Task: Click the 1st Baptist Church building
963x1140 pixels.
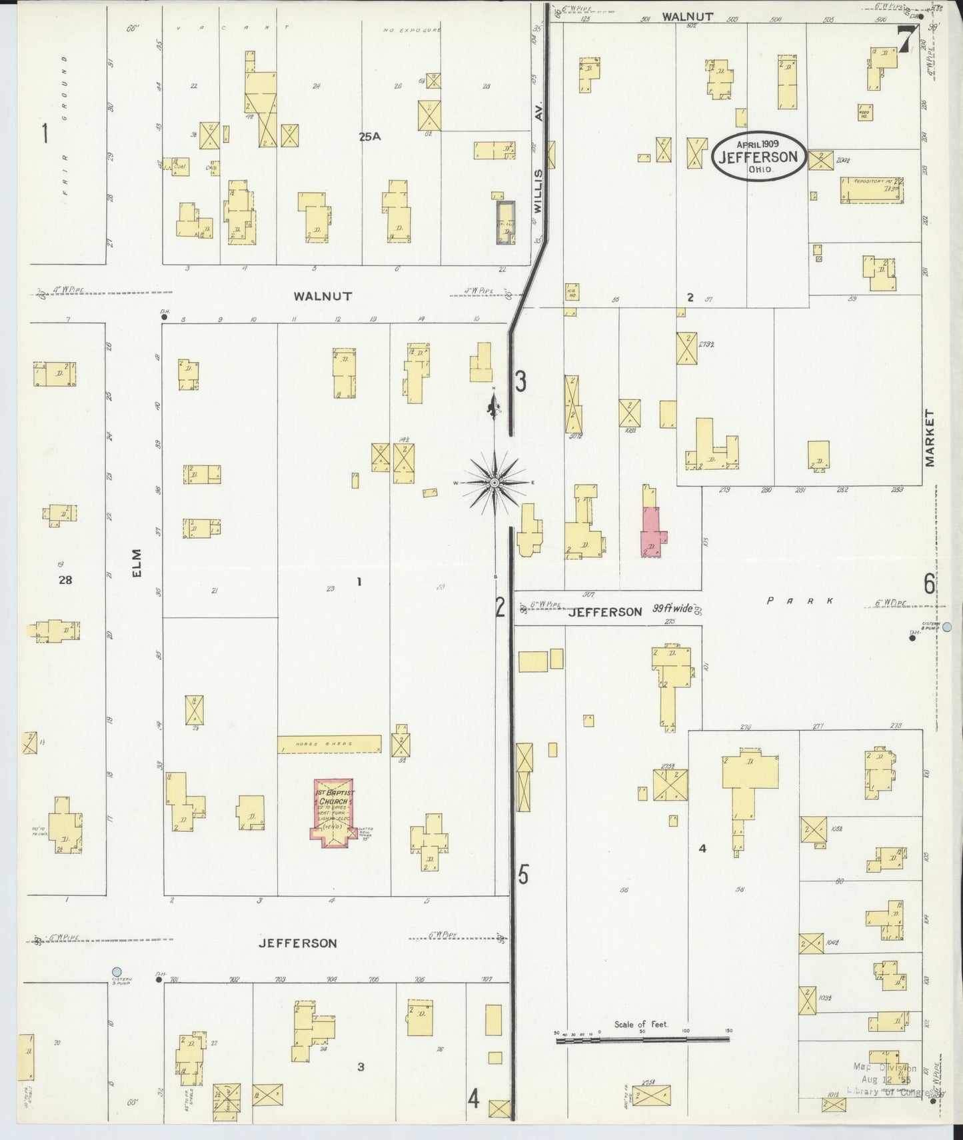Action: [334, 813]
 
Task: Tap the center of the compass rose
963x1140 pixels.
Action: [494, 482]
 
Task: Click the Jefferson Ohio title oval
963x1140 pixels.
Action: [758, 157]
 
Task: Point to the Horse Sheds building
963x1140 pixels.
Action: [329, 744]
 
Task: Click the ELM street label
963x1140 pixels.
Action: [137, 563]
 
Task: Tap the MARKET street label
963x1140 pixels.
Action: [930, 438]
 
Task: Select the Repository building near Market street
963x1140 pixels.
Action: [870, 190]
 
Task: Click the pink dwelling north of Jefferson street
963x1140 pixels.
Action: [651, 530]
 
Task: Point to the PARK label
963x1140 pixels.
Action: [800, 601]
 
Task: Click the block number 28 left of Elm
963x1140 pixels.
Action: [65, 580]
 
